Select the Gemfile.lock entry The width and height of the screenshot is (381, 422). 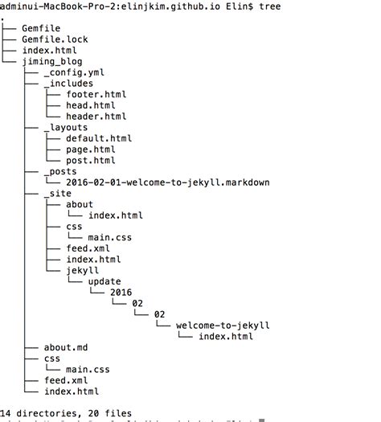click(55, 39)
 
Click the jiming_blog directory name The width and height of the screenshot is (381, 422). click(51, 61)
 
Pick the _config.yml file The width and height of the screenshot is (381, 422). click(74, 72)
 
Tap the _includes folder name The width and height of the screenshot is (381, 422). click(68, 84)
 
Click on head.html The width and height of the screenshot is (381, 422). click(91, 105)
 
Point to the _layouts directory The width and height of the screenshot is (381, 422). click(66, 127)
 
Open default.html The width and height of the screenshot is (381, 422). click(99, 138)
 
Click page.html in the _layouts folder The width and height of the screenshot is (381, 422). click(91, 150)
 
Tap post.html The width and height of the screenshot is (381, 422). click(91, 160)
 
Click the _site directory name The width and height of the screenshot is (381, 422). click(58, 194)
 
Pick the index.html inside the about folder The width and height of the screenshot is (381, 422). click(116, 215)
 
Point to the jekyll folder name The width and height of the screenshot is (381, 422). click(83, 271)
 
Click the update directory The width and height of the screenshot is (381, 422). click(104, 282)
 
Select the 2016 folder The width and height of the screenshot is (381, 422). click(121, 293)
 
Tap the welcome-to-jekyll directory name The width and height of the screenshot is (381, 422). click(223, 326)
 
